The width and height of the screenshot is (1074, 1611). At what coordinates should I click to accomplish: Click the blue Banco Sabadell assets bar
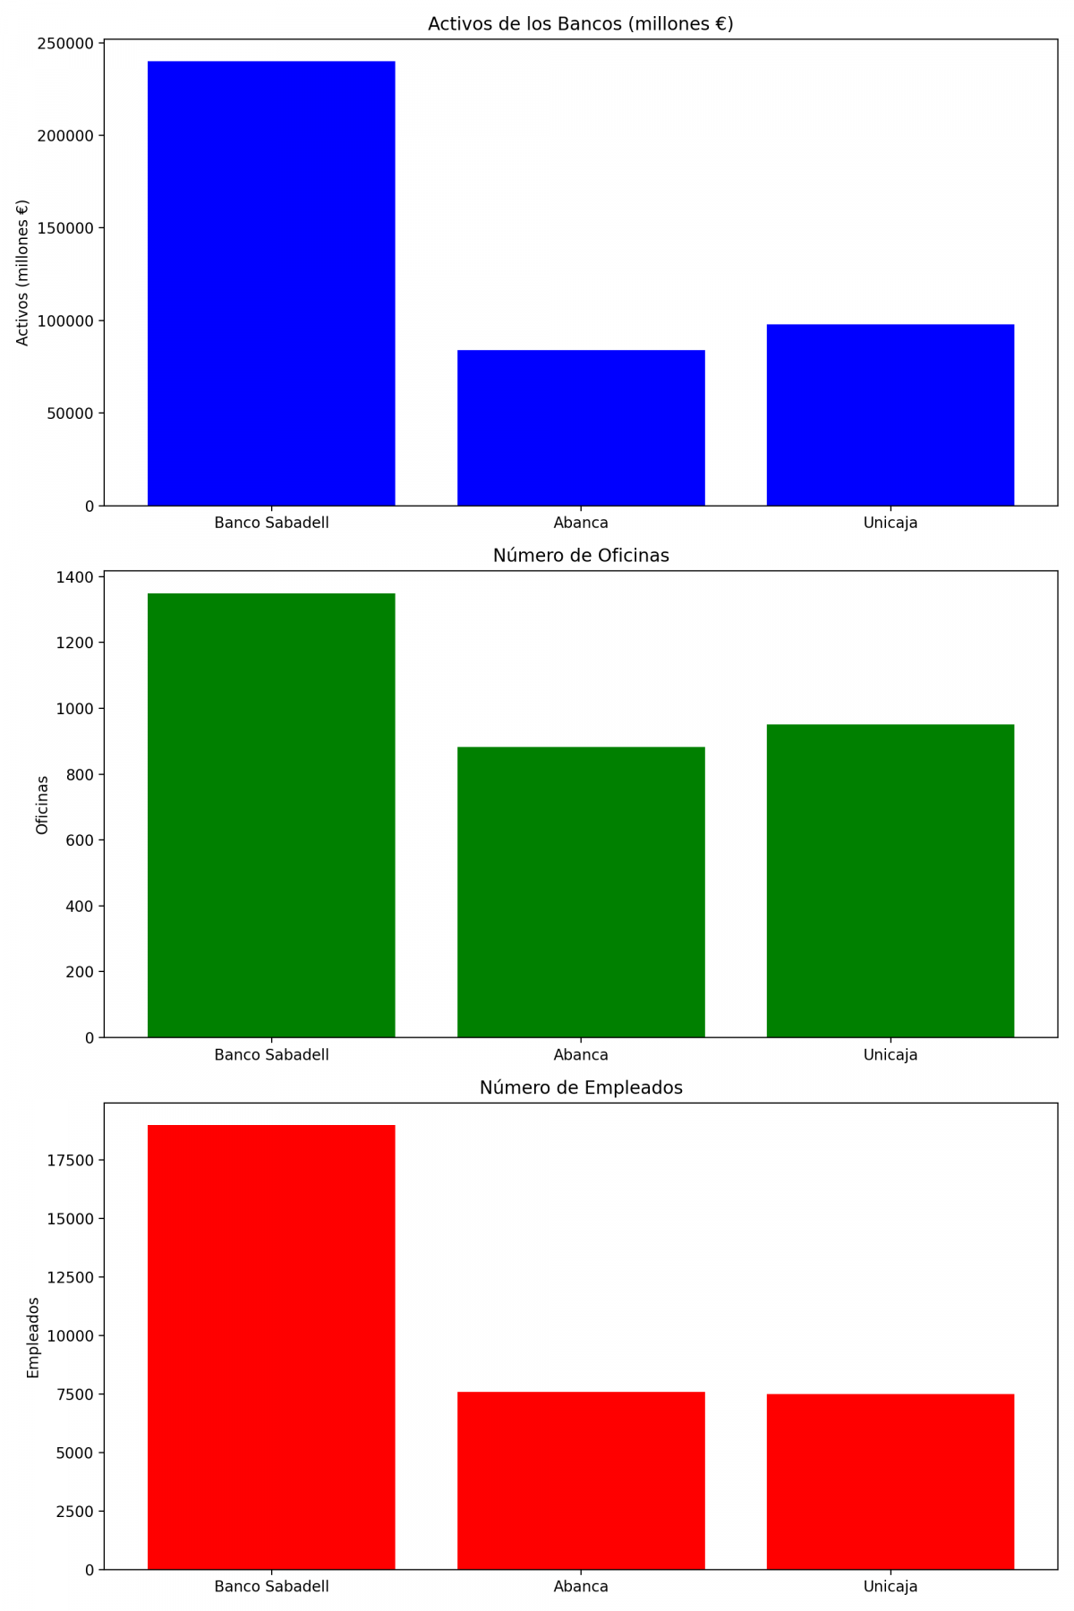coord(271,283)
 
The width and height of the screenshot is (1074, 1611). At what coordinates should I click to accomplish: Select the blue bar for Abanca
coord(581,428)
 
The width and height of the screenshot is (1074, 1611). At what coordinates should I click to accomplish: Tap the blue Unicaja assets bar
coord(890,414)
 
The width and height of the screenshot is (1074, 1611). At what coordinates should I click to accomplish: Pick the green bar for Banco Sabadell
coord(271,814)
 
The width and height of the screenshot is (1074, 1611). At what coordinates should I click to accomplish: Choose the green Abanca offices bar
coord(581,891)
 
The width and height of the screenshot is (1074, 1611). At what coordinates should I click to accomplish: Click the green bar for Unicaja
coord(890,880)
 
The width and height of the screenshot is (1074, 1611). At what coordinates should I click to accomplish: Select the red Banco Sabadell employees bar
coord(271,1346)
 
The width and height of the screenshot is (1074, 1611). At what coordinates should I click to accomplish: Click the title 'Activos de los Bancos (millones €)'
coord(581,24)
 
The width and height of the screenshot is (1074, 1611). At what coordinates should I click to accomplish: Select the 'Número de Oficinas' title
coord(581,556)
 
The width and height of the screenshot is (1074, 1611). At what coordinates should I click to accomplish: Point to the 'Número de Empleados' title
coord(581,1087)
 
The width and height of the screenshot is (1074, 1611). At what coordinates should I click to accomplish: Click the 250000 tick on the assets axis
coord(65,44)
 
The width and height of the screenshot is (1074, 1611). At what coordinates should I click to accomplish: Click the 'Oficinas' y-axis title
coord(42,805)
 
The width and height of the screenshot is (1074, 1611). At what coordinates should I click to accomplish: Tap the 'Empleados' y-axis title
coord(33,1336)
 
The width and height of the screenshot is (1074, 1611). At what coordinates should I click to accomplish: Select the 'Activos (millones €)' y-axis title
coord(23,272)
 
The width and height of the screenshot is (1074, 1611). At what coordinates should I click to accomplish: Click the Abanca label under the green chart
coord(581,1054)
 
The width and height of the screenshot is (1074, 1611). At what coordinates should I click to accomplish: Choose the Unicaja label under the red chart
coord(890,1586)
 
